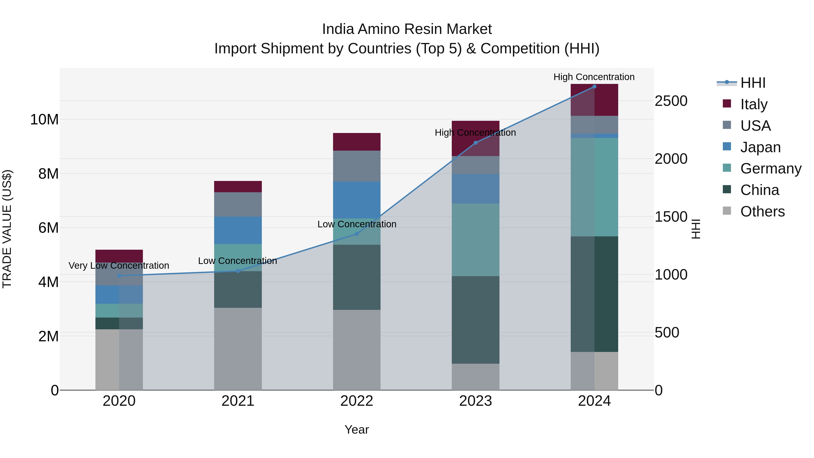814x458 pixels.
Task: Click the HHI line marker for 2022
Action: click(357, 234)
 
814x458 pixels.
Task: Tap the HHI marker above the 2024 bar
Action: click(594, 87)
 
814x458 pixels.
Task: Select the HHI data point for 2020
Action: click(119, 276)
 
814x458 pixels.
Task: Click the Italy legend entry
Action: click(754, 104)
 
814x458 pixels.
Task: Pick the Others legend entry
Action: click(762, 211)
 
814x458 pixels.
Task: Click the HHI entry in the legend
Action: click(753, 83)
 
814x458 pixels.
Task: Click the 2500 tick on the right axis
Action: click(671, 101)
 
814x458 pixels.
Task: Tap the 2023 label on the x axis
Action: click(475, 401)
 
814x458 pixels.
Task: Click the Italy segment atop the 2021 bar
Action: click(238, 187)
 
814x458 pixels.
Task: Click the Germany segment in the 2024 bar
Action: click(594, 187)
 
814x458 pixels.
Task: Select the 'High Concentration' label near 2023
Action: click(475, 133)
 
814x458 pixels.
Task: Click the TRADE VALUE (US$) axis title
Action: click(7, 229)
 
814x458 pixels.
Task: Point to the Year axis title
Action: click(357, 430)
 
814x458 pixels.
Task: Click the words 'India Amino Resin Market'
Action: click(407, 29)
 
